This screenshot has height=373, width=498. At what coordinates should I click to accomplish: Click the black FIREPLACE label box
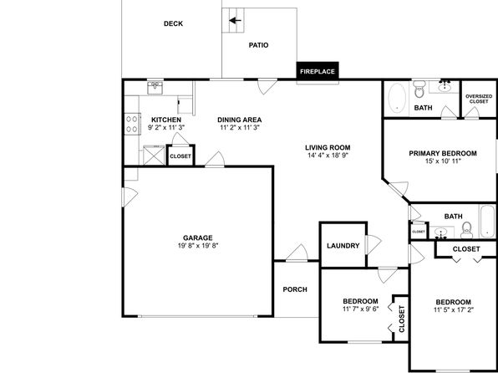[x=318, y=70]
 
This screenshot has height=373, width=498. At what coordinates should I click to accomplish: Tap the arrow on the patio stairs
[x=236, y=21]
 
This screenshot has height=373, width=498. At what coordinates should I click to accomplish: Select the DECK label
[x=173, y=23]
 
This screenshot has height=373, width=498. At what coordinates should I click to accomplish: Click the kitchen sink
[x=155, y=88]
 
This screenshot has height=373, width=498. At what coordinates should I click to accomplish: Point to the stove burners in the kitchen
[x=132, y=124]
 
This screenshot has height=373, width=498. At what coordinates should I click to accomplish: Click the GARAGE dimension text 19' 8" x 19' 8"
[x=198, y=246]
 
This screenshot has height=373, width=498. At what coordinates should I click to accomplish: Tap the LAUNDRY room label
[x=343, y=246]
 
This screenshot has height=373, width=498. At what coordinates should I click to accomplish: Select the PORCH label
[x=295, y=289]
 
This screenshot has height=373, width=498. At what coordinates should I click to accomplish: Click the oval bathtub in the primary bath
[x=398, y=98]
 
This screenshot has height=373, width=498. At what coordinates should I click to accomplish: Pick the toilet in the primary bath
[x=419, y=89]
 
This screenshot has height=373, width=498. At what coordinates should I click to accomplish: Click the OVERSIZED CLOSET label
[x=479, y=99]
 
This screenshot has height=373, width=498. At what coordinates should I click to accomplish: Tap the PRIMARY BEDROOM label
[x=443, y=153]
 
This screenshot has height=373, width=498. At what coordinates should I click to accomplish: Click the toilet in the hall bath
[x=466, y=230]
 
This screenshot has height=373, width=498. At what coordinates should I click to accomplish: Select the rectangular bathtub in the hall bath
[x=487, y=221]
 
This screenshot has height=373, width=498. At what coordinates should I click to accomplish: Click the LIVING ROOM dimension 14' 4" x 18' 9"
[x=328, y=156]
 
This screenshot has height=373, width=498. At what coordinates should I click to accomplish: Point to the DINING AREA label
[x=240, y=120]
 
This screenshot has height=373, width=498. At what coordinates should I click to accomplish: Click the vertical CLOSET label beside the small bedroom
[x=402, y=319]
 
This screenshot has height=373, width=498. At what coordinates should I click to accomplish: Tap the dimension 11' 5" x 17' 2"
[x=454, y=309]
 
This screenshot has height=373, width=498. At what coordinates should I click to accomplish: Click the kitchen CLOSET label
[x=180, y=156]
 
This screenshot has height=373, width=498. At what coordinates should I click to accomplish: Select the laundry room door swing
[x=373, y=244]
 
